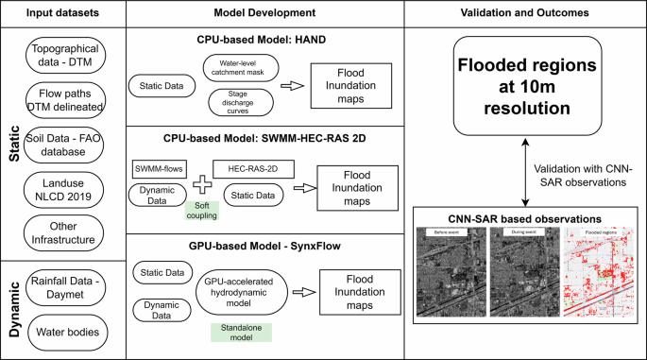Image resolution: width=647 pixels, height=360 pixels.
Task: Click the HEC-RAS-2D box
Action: (x=248, y=167)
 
